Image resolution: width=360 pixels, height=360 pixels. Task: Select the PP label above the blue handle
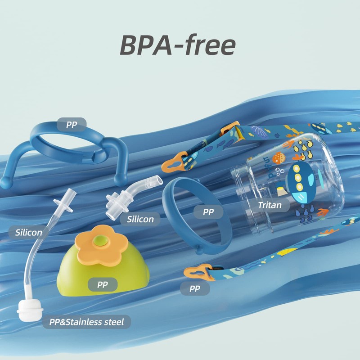pos(72,125)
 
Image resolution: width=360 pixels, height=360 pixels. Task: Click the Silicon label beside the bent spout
pos(140,219)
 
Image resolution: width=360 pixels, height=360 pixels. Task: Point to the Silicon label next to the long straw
pos(29,233)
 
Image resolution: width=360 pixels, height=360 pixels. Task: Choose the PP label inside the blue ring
pos(208,211)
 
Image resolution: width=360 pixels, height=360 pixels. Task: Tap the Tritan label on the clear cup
pos(270,206)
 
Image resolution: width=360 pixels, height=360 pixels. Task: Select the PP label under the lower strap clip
pos(194,288)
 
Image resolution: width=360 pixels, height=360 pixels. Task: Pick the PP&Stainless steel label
pos(86,322)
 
